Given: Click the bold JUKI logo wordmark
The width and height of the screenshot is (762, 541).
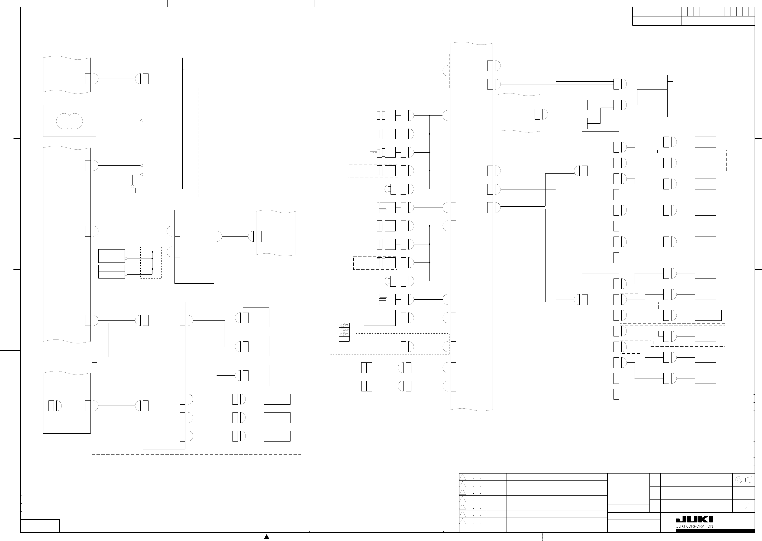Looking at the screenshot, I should tap(694, 519).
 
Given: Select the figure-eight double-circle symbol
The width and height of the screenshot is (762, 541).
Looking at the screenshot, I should tap(69, 121).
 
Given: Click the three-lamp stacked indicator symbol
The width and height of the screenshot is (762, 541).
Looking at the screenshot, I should tap(344, 330).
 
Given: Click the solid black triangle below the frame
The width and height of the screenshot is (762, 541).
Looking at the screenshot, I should tap(267, 536).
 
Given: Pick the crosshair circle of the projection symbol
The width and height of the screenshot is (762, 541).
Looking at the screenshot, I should tap(739, 480).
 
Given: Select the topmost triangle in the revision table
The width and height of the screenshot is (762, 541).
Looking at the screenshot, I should tap(463, 477).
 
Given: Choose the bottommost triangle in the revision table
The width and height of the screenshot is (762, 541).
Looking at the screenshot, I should tap(463, 521).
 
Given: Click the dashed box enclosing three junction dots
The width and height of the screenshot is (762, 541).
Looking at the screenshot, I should tap(151, 262).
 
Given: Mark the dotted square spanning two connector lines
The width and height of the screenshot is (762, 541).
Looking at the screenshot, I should tap(211, 408).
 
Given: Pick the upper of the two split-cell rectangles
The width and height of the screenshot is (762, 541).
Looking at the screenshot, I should tap(366, 368).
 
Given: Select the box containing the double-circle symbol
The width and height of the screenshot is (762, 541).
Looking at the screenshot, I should tap(69, 121).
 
